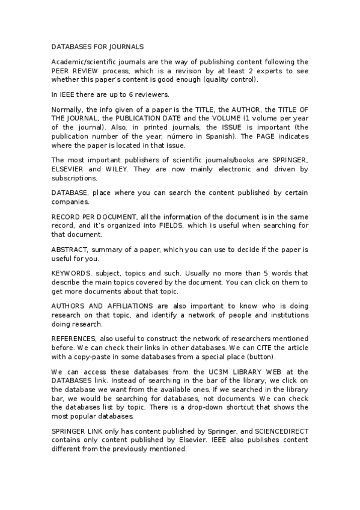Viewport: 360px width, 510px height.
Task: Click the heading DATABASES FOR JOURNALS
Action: pos(97,46)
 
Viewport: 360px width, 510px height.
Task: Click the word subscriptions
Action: pos(76,179)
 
